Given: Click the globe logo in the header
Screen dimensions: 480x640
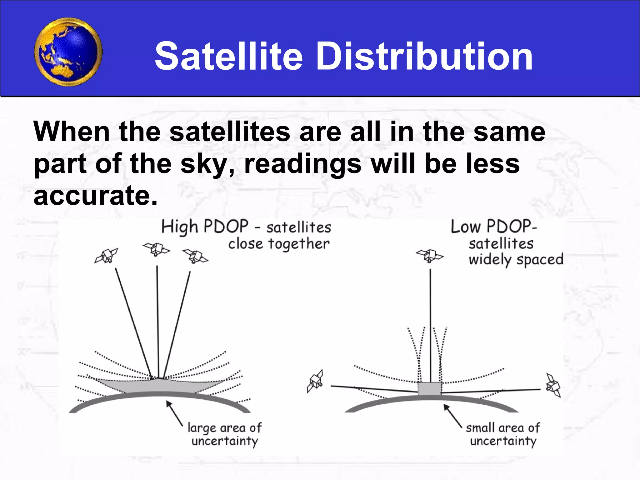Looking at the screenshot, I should pos(68,52).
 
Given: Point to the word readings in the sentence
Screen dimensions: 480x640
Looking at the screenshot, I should pos(302,165).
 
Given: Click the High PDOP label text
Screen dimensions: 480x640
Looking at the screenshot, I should pos(205,227).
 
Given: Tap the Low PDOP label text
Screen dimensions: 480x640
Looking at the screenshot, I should pos(493,227).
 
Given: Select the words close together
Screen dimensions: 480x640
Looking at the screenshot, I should pos(279,244).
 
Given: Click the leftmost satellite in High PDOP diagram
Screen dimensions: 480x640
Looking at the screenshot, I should pos(106,256).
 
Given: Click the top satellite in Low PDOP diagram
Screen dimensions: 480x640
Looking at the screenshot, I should pos(429,256).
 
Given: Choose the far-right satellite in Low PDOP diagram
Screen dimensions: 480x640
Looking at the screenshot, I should pos(553,385).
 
